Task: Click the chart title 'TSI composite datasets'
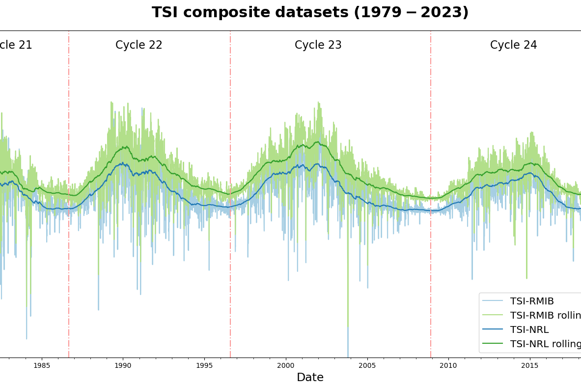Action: click(x=310, y=13)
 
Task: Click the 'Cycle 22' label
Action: click(x=139, y=45)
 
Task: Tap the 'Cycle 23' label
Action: click(x=318, y=45)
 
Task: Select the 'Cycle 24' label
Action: click(x=513, y=45)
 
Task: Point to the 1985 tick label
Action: click(x=42, y=366)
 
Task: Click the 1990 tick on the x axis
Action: click(x=123, y=366)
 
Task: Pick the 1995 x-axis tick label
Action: click(x=204, y=366)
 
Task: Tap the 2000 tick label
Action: click(x=286, y=366)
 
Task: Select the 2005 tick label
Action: click(x=367, y=366)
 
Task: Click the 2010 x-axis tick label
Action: click(x=448, y=366)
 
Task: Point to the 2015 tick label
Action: click(x=529, y=366)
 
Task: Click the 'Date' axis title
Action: click(x=310, y=378)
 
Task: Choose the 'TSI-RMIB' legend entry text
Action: click(x=531, y=301)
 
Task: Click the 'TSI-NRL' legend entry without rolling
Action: click(x=529, y=330)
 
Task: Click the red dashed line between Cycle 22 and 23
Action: click(x=230, y=123)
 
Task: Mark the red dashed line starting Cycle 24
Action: click(x=431, y=123)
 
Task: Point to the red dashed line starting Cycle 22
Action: click(x=69, y=123)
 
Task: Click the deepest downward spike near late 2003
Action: click(x=348, y=344)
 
